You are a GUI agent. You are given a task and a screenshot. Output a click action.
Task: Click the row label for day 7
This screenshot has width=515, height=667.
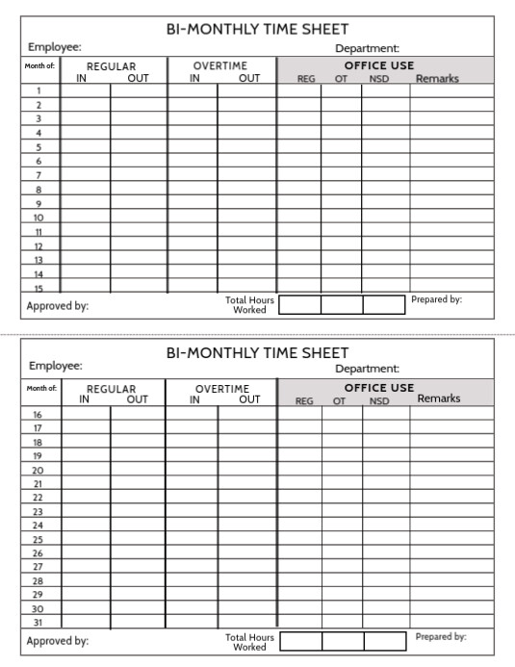[39, 175]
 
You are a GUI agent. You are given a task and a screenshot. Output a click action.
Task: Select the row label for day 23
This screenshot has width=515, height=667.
[39, 512]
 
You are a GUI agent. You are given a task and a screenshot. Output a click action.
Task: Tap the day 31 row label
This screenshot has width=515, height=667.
[39, 623]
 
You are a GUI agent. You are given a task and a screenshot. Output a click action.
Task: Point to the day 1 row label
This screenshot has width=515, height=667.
[39, 90]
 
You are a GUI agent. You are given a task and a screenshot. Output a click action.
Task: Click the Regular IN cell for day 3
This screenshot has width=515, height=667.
[85, 118]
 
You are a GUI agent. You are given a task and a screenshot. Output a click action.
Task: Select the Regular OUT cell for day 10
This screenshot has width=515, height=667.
[139, 218]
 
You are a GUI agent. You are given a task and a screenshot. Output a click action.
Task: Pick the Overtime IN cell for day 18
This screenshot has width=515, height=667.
[193, 442]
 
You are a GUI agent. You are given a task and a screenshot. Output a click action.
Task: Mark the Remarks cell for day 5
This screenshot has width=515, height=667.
[451, 147]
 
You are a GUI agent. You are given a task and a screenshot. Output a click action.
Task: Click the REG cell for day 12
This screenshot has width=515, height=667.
[299, 246]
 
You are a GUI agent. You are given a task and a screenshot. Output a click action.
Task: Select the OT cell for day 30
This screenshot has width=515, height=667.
[342, 609]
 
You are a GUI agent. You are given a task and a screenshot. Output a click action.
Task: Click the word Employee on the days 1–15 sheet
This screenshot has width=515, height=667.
[54, 46]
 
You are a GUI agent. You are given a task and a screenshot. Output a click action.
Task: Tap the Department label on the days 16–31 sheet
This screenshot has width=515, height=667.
[367, 369]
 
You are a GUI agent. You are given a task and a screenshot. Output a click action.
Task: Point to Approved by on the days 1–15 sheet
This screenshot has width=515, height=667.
[58, 306]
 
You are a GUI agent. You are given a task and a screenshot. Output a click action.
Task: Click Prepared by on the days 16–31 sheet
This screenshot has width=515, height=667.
[441, 636]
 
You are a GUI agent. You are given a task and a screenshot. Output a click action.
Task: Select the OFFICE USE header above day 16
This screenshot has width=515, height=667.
[379, 388]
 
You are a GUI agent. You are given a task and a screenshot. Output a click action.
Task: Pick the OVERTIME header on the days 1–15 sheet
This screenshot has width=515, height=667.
[220, 66]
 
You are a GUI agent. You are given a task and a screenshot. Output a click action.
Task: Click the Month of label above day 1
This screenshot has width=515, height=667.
[39, 66]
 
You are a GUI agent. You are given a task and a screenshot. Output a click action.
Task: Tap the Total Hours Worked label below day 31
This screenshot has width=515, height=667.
[249, 642]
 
